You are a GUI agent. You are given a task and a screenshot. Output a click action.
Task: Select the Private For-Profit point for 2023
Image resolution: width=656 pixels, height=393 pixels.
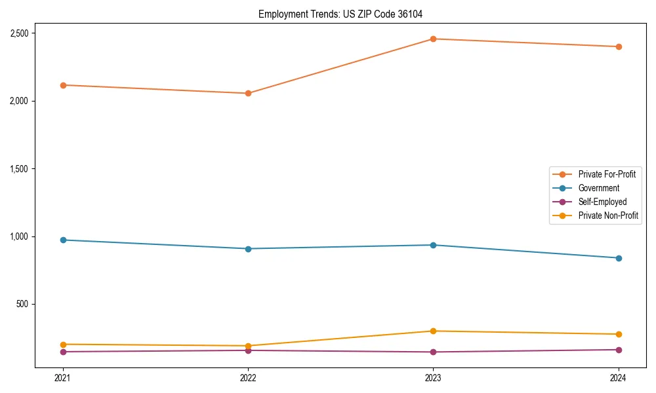click(433, 39)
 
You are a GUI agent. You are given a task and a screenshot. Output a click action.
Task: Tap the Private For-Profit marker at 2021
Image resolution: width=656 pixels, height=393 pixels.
click(63, 85)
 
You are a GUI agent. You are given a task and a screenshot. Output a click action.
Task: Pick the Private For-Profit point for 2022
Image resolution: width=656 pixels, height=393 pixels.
click(248, 93)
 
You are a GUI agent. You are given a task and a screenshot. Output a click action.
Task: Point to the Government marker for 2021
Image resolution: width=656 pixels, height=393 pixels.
click(63, 240)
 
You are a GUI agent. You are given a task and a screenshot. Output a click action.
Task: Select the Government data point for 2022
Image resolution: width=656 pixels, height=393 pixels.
click(248, 249)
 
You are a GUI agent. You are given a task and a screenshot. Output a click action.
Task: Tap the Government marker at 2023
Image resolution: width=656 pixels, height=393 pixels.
click(433, 245)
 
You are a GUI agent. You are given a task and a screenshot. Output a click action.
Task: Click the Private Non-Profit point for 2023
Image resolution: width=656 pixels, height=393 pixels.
click(433, 331)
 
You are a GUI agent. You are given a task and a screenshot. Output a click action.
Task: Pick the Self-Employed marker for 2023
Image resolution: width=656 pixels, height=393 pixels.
click(433, 352)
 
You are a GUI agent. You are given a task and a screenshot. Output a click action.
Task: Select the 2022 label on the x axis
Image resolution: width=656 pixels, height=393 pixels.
click(248, 378)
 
